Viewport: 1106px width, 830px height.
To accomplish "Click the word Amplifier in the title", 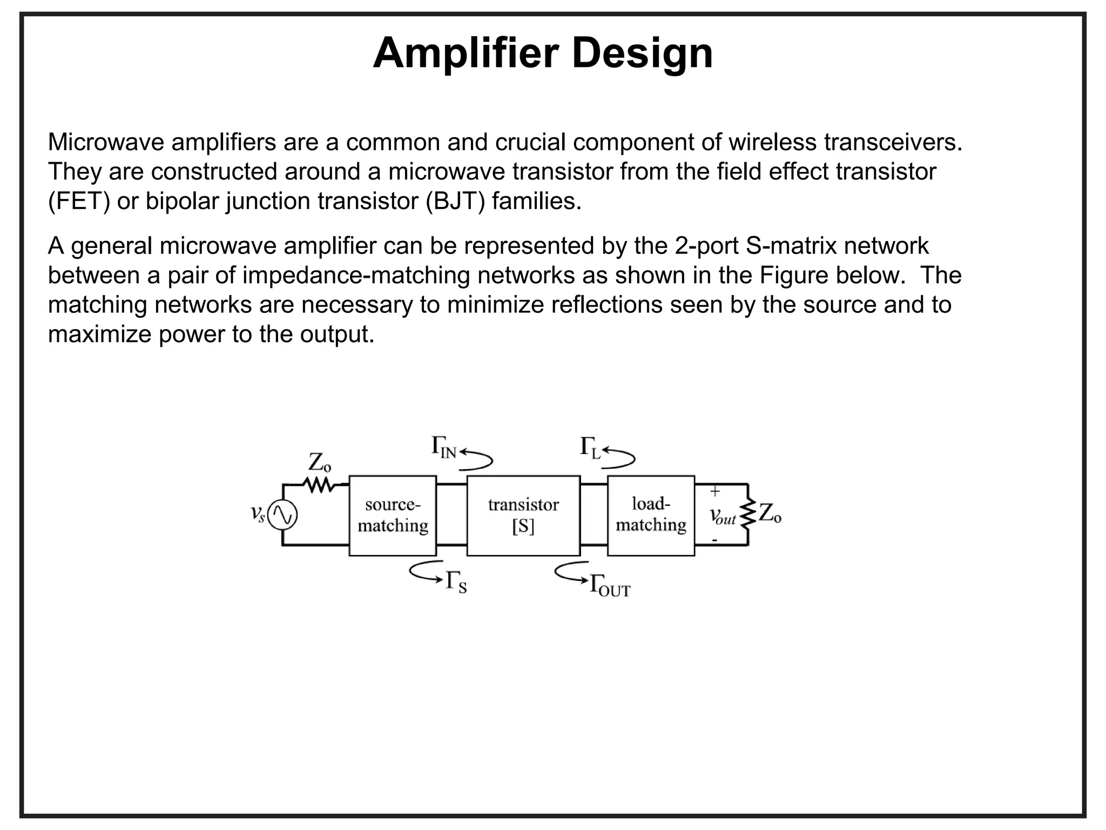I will [467, 53].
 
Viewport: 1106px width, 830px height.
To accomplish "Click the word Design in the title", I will [642, 53].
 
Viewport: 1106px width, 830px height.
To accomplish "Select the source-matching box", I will [393, 516].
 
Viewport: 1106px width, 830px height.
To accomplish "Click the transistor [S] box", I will [523, 516].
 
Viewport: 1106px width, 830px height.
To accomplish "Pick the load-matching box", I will [651, 516].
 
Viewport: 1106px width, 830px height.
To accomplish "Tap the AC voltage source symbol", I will [283, 515].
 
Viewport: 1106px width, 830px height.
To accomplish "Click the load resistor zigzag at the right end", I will [748, 514].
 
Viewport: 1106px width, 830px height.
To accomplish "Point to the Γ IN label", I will [444, 448].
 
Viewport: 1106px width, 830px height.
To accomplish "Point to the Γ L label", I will [590, 448].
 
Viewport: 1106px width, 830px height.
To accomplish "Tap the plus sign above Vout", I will [714, 492].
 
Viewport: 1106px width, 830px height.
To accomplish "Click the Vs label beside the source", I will [258, 513].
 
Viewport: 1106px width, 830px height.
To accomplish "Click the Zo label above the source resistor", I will [319, 463].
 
